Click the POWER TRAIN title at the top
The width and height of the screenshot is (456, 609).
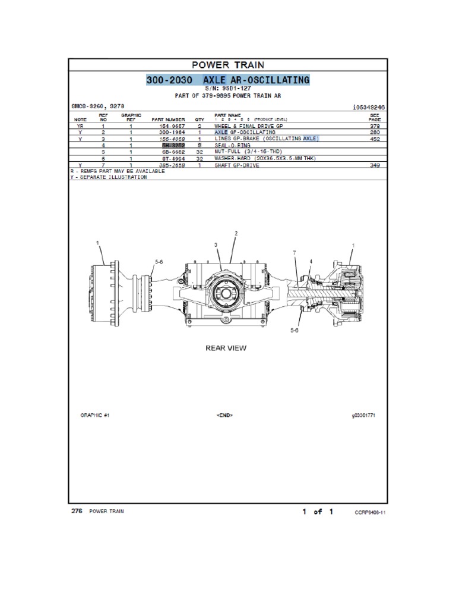coord(228,65)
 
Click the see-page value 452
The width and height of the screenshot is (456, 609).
coord(375,139)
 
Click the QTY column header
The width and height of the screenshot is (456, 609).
coord(199,120)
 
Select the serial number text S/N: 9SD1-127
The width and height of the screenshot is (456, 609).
coord(228,88)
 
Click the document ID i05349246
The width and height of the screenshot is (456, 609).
coord(369,107)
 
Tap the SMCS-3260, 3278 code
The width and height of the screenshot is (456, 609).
coord(96,107)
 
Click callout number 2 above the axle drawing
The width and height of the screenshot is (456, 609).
coord(236,234)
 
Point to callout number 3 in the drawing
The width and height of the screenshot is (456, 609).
coord(216,245)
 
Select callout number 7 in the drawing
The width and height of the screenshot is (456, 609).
coord(293,254)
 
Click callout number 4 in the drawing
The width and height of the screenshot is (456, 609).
coord(311,262)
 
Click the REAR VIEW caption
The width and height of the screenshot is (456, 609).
coord(226,348)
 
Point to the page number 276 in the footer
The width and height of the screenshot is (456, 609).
coord(75,511)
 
